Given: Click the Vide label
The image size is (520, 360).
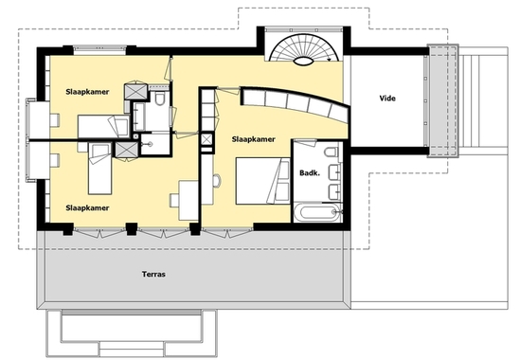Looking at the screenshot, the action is tap(387, 99).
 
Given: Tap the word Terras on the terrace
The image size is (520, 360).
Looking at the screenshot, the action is tap(153, 274).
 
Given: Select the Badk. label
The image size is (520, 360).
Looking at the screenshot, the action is tap(310, 172).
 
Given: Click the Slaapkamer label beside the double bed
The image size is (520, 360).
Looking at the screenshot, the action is tap(253, 139).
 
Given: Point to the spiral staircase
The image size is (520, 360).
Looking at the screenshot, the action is tap(304, 48).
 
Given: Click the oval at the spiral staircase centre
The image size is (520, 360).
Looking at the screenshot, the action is tap(304, 61).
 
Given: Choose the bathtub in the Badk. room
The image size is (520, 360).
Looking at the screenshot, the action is tap(317, 212).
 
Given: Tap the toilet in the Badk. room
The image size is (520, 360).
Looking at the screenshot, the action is tap(332, 152).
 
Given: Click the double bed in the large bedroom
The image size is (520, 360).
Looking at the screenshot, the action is tap(262, 181).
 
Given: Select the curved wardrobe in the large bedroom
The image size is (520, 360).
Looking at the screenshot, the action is tap(294, 101).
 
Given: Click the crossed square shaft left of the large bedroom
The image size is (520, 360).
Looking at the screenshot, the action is tap(206, 139).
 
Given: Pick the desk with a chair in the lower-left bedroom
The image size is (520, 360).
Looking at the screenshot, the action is tap(185, 200).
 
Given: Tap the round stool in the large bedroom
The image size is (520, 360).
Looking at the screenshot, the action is tap(217, 181).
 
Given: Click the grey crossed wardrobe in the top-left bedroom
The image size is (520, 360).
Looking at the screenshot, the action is tap(135, 91).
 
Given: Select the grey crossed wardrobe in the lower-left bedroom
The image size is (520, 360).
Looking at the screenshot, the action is tap(126, 150).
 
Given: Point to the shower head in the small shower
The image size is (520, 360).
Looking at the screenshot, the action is tap(149, 144).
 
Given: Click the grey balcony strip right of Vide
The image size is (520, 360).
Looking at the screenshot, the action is tap(442, 100).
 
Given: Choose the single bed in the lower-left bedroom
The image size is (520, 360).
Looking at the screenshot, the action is tap(99, 169).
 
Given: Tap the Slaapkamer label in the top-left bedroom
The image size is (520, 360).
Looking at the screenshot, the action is tap(87, 92).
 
